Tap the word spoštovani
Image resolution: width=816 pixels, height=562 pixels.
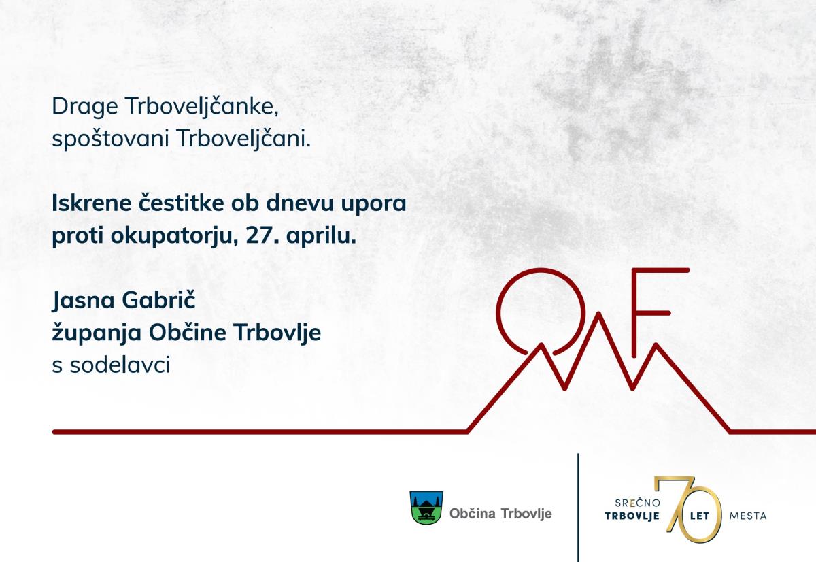click(x=110, y=139)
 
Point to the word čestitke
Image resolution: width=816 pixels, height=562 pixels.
click(x=181, y=203)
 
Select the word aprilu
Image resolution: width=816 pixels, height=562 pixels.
click(x=321, y=237)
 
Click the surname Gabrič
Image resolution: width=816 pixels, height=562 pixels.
click(x=159, y=300)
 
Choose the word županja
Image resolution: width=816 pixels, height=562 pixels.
click(x=97, y=333)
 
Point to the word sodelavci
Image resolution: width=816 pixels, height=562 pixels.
click(x=120, y=365)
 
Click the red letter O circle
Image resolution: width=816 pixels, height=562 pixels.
click(x=498, y=312)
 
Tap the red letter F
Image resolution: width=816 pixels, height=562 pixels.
click(x=634, y=312)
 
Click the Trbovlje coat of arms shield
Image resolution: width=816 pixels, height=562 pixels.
click(x=426, y=508)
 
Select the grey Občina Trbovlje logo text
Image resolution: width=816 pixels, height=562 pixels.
click(x=501, y=514)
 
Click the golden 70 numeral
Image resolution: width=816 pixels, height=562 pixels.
click(x=690, y=510)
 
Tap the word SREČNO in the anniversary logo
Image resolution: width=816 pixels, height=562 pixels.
click(x=638, y=503)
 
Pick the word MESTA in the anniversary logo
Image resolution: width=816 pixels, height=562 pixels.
click(x=748, y=516)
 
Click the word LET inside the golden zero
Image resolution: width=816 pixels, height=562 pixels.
click(x=700, y=516)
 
